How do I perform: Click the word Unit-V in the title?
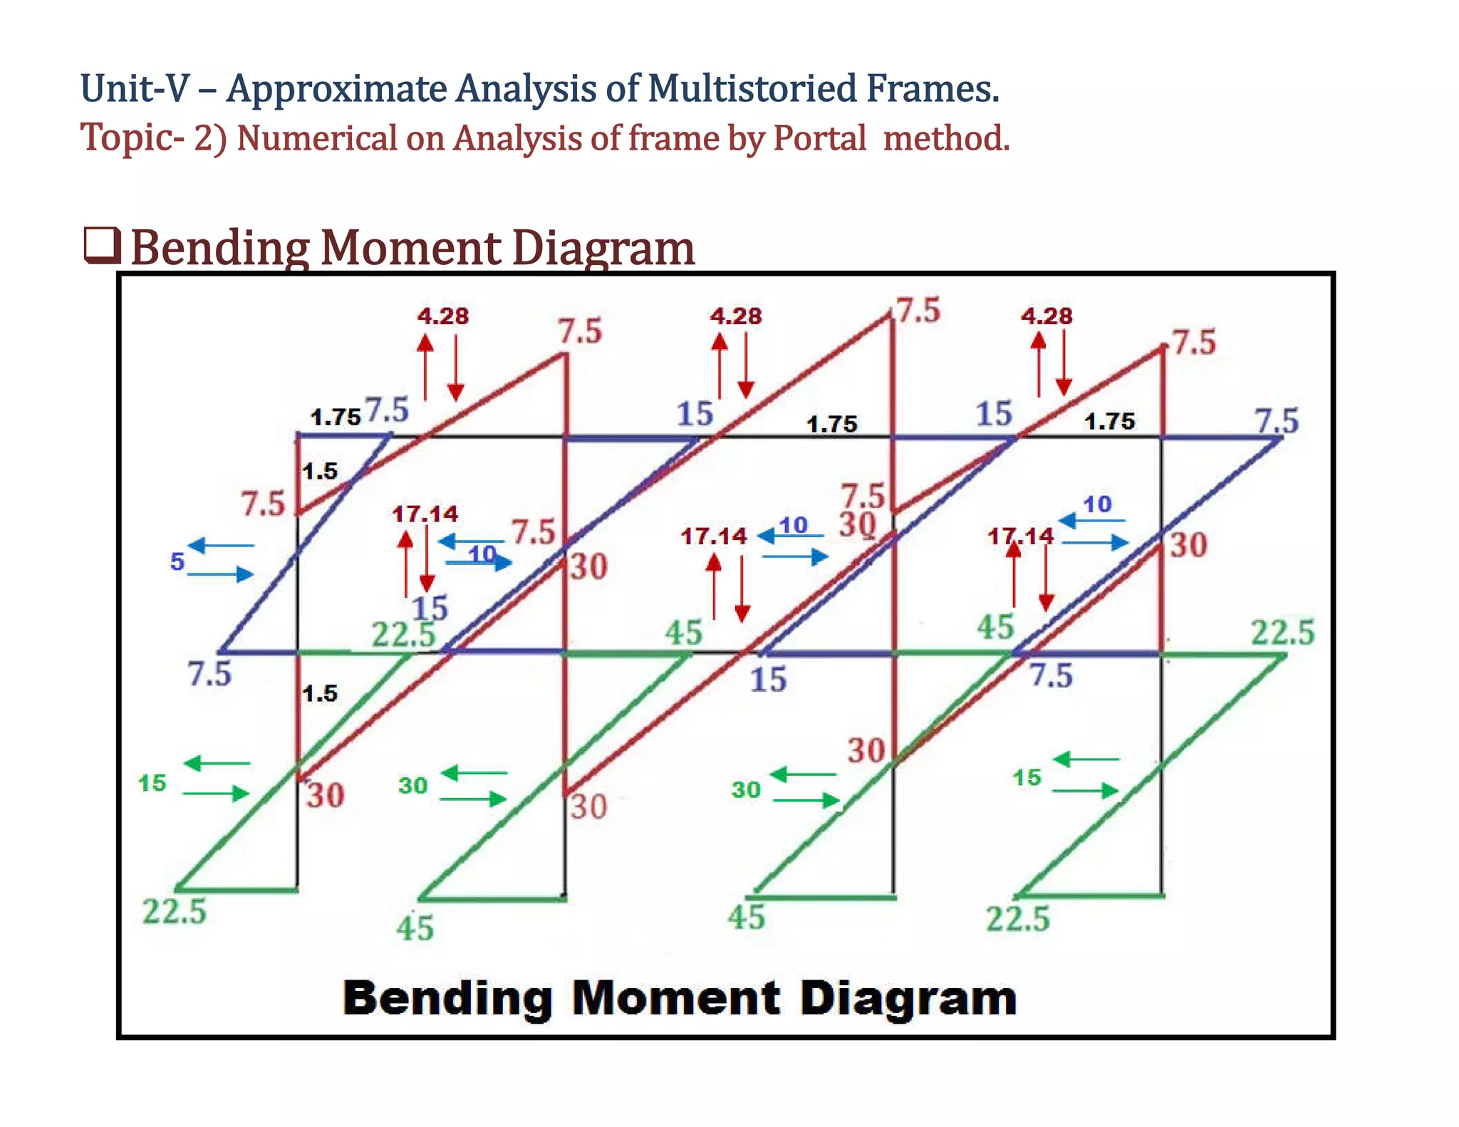(x=135, y=89)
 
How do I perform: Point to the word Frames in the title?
(x=931, y=89)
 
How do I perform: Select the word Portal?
(x=819, y=138)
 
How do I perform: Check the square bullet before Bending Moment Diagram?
(x=103, y=245)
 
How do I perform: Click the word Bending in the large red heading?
(x=219, y=249)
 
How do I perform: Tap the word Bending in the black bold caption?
(x=447, y=999)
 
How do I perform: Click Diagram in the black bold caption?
(x=908, y=999)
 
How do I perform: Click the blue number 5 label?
(x=177, y=561)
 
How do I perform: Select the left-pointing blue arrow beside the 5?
(x=221, y=546)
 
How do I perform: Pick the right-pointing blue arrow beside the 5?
(x=221, y=573)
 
